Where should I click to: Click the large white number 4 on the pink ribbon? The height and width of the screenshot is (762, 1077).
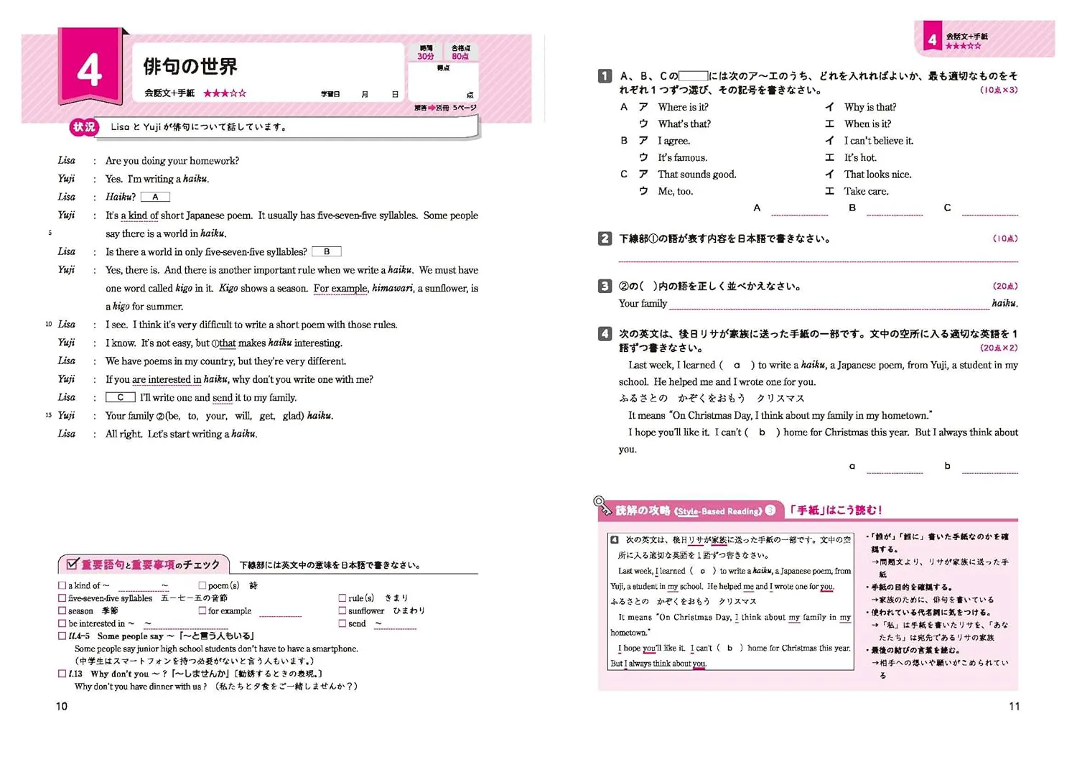tap(89, 70)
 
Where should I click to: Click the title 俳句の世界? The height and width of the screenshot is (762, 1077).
tap(190, 67)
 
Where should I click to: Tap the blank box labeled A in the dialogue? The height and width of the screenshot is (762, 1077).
tap(155, 197)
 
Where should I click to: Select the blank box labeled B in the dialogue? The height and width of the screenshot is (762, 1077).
tap(327, 251)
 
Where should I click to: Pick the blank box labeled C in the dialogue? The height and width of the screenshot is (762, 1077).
tap(121, 397)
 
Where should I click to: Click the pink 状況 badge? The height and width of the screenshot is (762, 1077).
tap(83, 127)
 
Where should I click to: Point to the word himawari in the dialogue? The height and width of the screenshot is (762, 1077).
tap(392, 288)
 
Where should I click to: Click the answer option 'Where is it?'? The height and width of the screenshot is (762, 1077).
tap(683, 107)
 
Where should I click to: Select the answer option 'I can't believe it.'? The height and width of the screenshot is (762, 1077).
tap(878, 141)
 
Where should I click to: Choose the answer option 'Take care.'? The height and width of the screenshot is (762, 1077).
tap(866, 191)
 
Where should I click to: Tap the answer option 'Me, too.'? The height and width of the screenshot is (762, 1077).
tap(676, 191)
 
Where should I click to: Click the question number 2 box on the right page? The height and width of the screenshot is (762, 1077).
tap(605, 238)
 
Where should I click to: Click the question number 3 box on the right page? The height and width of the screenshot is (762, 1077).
tap(605, 286)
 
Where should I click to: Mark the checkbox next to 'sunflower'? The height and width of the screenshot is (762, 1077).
tap(342, 610)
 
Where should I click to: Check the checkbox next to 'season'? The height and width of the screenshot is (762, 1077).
tap(62, 610)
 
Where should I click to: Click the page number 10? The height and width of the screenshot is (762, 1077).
tap(62, 706)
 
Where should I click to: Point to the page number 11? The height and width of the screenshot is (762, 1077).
tap(1014, 706)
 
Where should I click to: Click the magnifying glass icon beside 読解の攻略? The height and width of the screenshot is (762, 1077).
tap(600, 502)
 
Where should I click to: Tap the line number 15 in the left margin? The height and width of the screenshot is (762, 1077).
tap(48, 415)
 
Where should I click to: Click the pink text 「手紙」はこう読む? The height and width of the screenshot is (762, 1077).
tap(835, 510)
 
